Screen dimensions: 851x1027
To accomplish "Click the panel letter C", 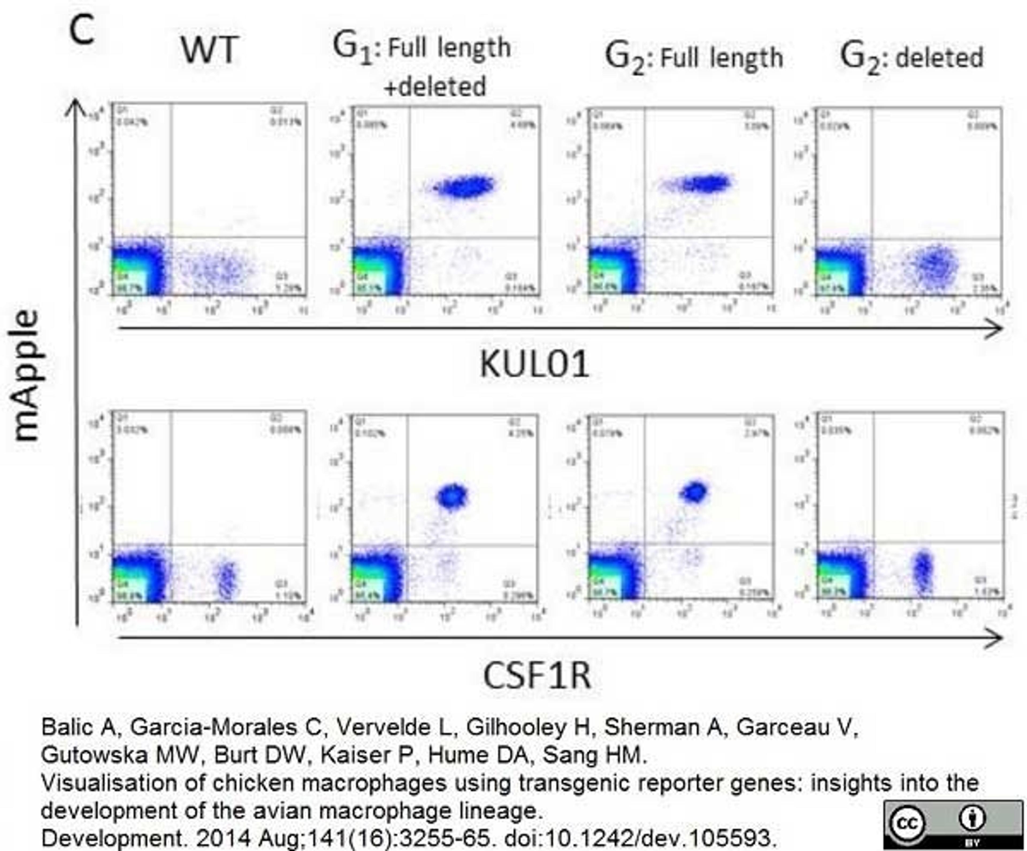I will [82, 30].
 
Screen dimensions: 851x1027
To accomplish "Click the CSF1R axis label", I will [537, 676].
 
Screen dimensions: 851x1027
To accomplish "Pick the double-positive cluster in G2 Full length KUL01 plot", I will [707, 184].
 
